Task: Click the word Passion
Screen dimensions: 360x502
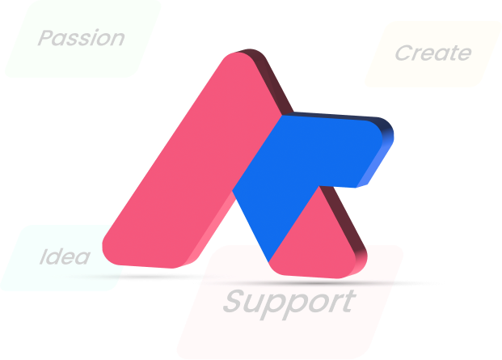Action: (x=82, y=38)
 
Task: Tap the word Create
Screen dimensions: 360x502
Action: (x=432, y=53)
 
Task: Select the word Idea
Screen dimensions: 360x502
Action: (x=65, y=257)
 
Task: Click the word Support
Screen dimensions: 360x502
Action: (x=289, y=302)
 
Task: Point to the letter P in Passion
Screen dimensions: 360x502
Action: (x=45, y=38)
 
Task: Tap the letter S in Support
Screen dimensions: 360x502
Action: (x=233, y=302)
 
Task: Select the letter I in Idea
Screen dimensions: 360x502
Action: (x=44, y=257)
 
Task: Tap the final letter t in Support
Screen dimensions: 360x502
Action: (x=348, y=301)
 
